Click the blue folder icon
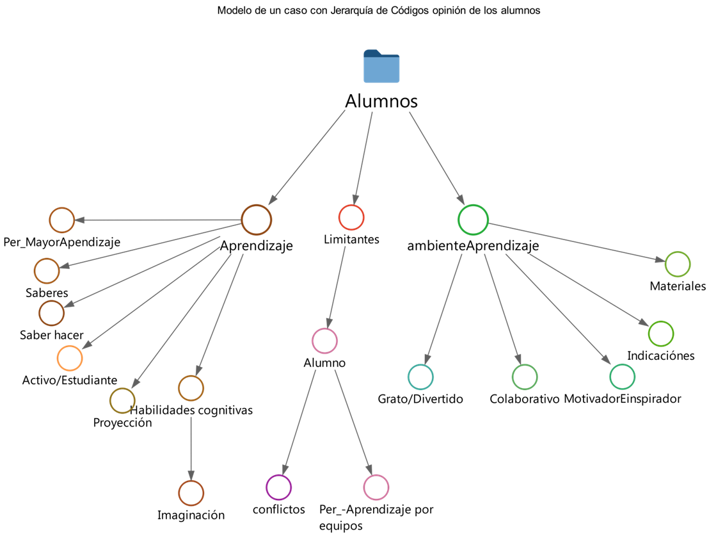(x=381, y=67)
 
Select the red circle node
(x=351, y=218)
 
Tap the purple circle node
(x=279, y=487)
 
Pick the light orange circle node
(x=70, y=358)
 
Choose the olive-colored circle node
(x=122, y=401)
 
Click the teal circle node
(x=420, y=377)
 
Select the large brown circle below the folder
(x=257, y=220)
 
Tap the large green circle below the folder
(x=474, y=220)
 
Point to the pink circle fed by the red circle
(x=324, y=341)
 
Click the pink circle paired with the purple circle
(x=376, y=487)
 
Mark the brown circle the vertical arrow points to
(x=191, y=493)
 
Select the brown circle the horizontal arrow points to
(x=62, y=220)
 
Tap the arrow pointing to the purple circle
(x=299, y=422)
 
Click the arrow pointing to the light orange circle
(x=151, y=298)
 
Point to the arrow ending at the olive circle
(x=181, y=321)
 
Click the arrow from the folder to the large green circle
(x=437, y=158)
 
